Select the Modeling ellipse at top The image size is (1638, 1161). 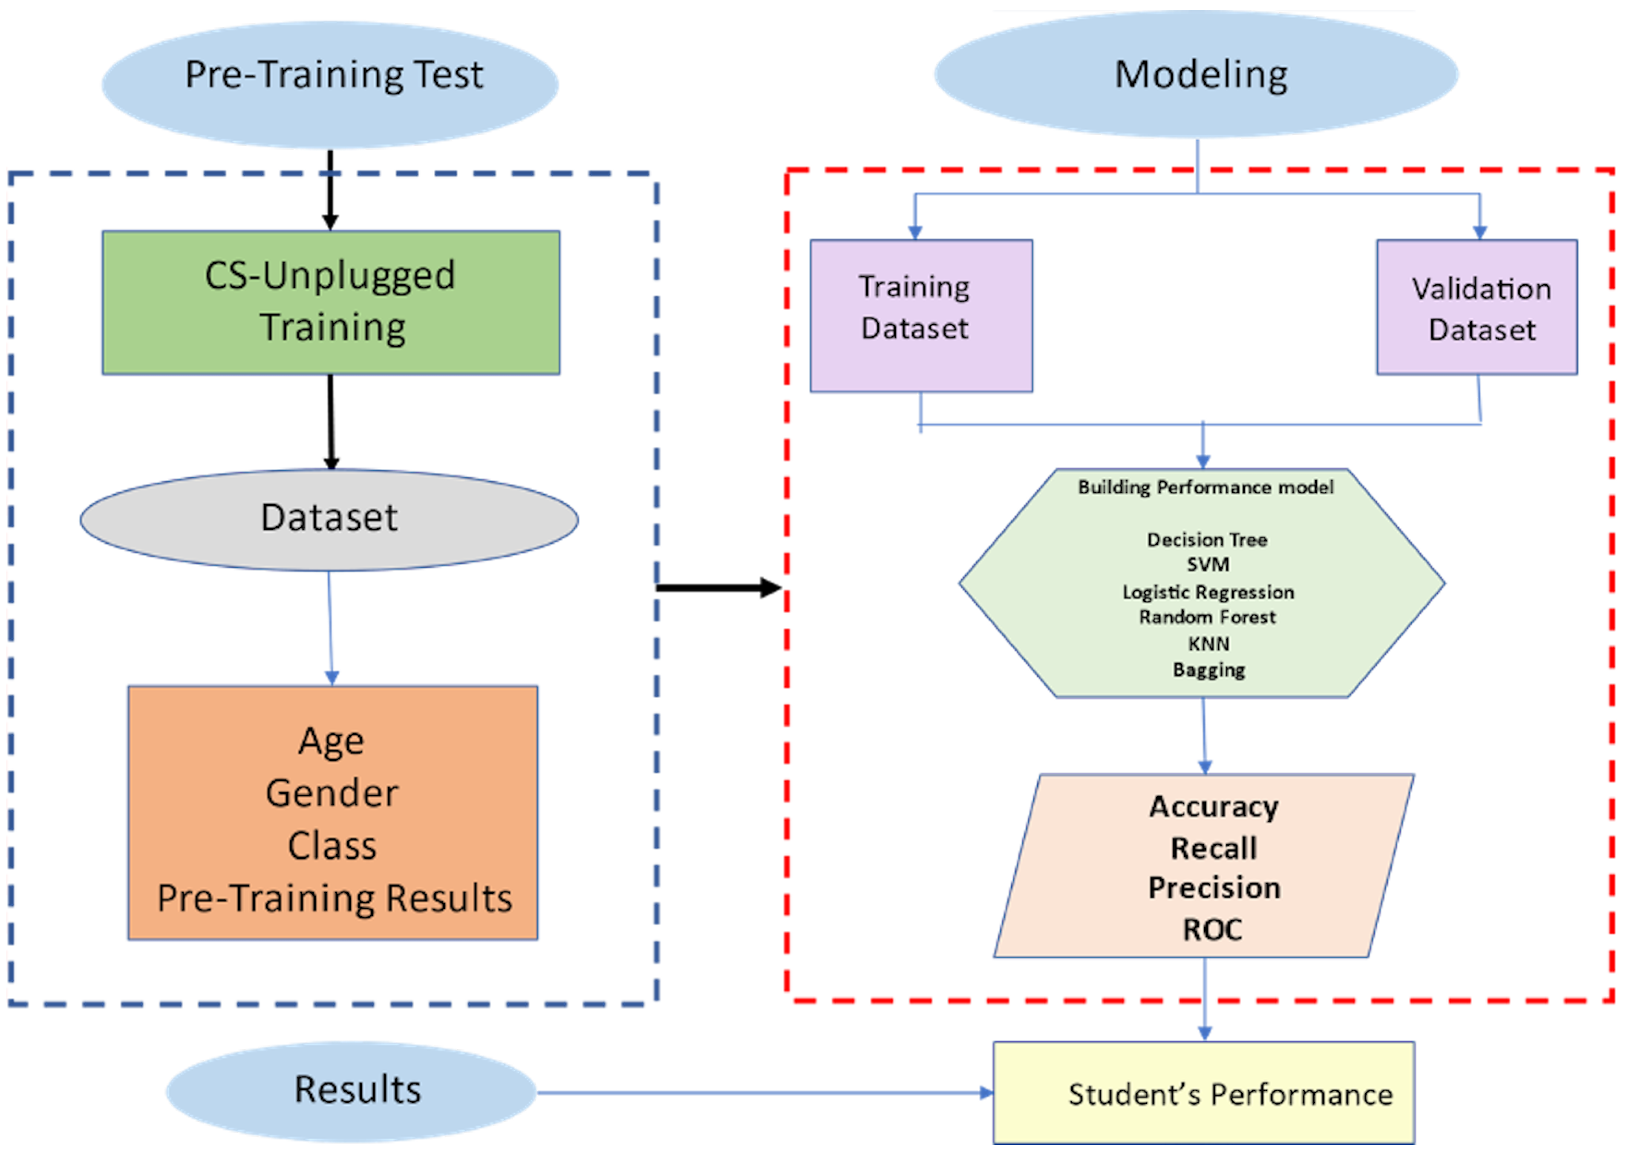point(1197,74)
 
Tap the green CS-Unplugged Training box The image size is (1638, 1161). point(331,302)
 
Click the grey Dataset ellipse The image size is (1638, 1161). point(329,519)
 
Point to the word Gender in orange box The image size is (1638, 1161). point(332,794)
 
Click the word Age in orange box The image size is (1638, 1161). point(331,741)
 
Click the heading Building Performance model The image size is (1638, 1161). point(1205,488)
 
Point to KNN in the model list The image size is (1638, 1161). point(1208,644)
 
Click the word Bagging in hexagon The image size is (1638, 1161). point(1208,670)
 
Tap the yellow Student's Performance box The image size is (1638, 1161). point(1203,1093)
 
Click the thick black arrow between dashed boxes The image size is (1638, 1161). point(718,588)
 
